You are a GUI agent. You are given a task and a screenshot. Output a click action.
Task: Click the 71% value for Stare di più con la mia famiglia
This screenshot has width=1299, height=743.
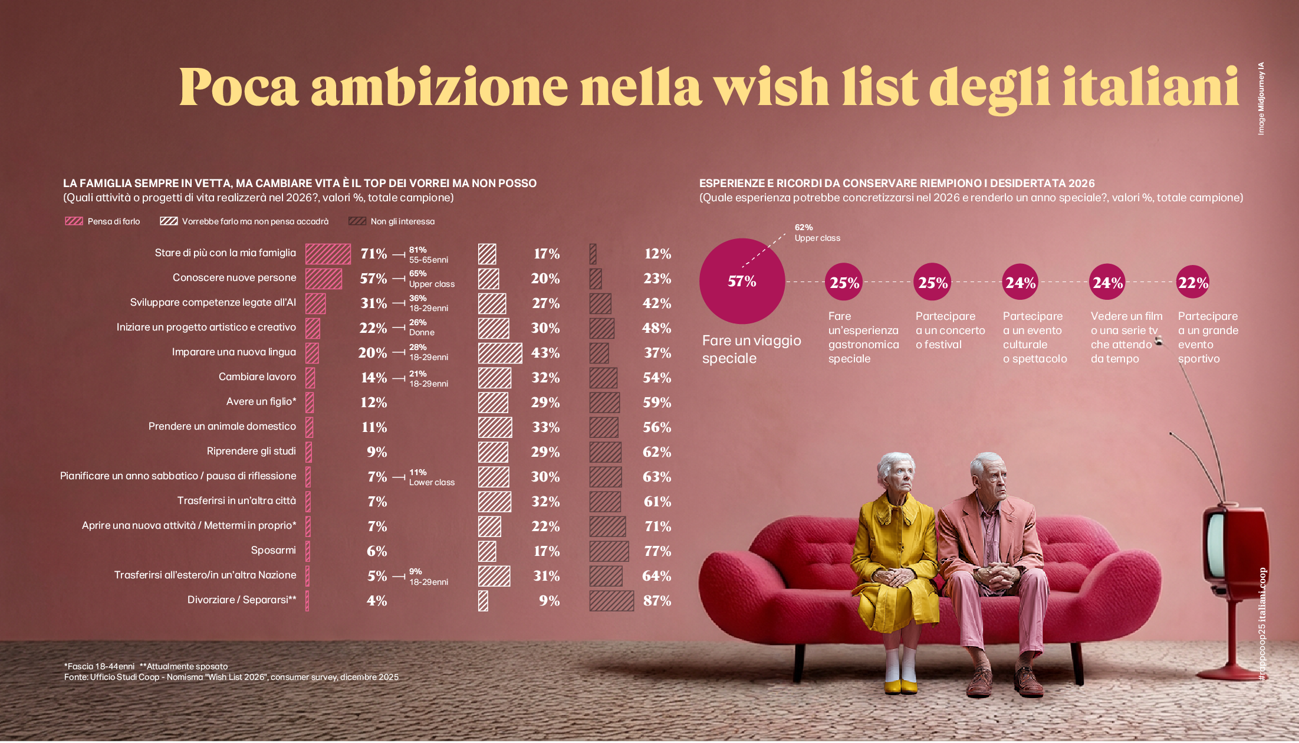point(374,254)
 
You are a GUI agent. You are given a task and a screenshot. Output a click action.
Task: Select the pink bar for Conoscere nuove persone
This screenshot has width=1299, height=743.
point(324,279)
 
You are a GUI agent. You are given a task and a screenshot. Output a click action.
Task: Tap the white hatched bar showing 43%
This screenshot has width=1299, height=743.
point(500,353)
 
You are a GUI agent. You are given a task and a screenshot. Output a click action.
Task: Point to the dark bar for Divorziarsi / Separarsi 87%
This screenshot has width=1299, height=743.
point(611,601)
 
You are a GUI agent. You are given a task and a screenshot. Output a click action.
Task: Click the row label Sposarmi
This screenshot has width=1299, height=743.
point(273,550)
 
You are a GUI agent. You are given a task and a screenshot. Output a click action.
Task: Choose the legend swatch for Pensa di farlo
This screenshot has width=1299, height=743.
point(74,221)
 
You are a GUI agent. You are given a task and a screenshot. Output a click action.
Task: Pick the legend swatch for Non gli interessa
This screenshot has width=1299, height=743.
point(357,221)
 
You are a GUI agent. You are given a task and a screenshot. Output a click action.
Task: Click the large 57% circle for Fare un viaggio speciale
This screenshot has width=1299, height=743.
point(742,281)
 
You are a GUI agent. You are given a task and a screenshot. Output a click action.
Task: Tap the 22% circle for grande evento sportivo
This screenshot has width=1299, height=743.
point(1193,283)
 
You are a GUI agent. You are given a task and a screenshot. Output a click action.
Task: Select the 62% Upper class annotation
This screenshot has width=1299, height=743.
point(817,233)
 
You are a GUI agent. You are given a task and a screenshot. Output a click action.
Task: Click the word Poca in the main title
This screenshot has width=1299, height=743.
point(239,87)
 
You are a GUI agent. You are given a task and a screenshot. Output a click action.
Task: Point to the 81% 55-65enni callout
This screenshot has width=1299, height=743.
point(428,254)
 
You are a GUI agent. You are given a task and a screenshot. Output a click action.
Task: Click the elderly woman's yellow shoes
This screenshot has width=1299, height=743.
point(900,686)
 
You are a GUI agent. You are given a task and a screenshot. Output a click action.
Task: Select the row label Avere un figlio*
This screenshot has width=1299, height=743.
point(261,401)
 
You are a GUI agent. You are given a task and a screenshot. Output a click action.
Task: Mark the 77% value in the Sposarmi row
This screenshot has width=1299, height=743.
point(657,551)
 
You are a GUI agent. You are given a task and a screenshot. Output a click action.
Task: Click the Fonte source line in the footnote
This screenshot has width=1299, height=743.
point(231,677)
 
